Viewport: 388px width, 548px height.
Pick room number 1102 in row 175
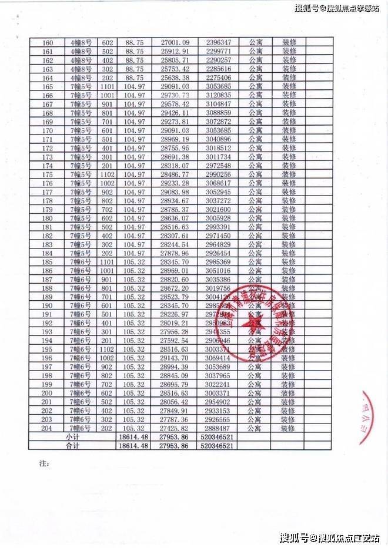(107, 174)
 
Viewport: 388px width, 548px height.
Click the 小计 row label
(72, 438)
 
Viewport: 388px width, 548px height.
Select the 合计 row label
(72, 446)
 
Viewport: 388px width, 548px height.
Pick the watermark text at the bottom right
(329, 537)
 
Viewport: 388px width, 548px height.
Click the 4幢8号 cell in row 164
(79, 78)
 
